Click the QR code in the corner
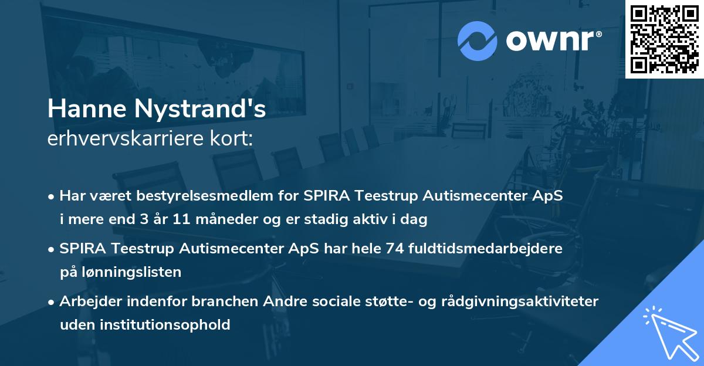tap(664, 39)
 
